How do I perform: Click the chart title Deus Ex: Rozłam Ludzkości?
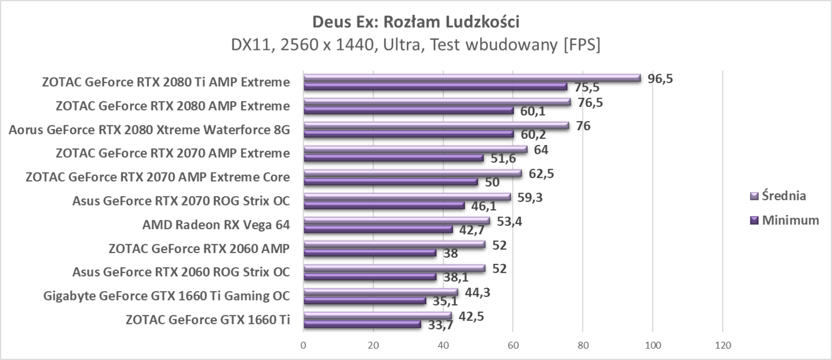click(x=416, y=22)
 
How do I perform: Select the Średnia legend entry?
click(x=783, y=196)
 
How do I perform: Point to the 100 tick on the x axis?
click(x=653, y=345)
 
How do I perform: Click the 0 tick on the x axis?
click(x=304, y=345)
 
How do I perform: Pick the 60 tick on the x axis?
click(x=513, y=345)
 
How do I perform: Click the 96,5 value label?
click(x=660, y=78)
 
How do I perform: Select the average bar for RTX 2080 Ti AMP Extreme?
click(x=472, y=78)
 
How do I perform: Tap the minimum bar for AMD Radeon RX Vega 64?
click(x=378, y=229)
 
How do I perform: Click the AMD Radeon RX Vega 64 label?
click(x=216, y=225)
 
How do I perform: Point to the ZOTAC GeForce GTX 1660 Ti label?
click(x=208, y=320)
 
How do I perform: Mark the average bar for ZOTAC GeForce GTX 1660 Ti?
click(x=377, y=315)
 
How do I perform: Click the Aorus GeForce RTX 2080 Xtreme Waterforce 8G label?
click(x=149, y=130)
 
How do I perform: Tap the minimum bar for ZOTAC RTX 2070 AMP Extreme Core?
click(x=390, y=182)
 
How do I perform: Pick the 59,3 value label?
click(x=530, y=197)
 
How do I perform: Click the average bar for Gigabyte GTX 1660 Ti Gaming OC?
click(x=380, y=292)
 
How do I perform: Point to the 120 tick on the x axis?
click(x=723, y=345)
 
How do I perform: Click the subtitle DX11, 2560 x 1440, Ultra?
click(x=416, y=45)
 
